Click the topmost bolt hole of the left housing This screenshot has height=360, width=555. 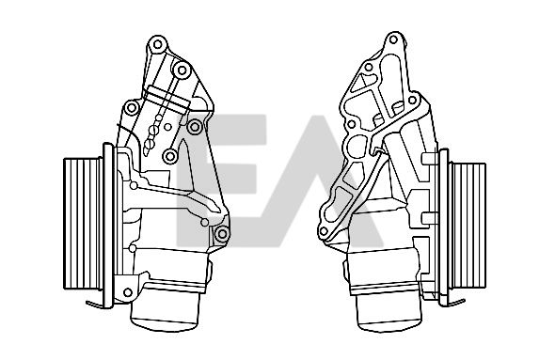click(x=158, y=44)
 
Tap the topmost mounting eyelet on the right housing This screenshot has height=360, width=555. click(x=393, y=39)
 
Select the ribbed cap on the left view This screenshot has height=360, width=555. click(x=83, y=224)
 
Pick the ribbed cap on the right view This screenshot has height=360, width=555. click(x=468, y=226)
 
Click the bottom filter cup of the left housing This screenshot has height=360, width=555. click(x=166, y=312)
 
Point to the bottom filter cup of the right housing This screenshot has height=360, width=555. click(x=389, y=313)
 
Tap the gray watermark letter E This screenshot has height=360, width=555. click(x=221, y=180)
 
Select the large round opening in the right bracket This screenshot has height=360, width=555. click(x=357, y=147)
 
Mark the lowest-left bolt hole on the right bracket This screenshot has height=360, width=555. click(x=324, y=231)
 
